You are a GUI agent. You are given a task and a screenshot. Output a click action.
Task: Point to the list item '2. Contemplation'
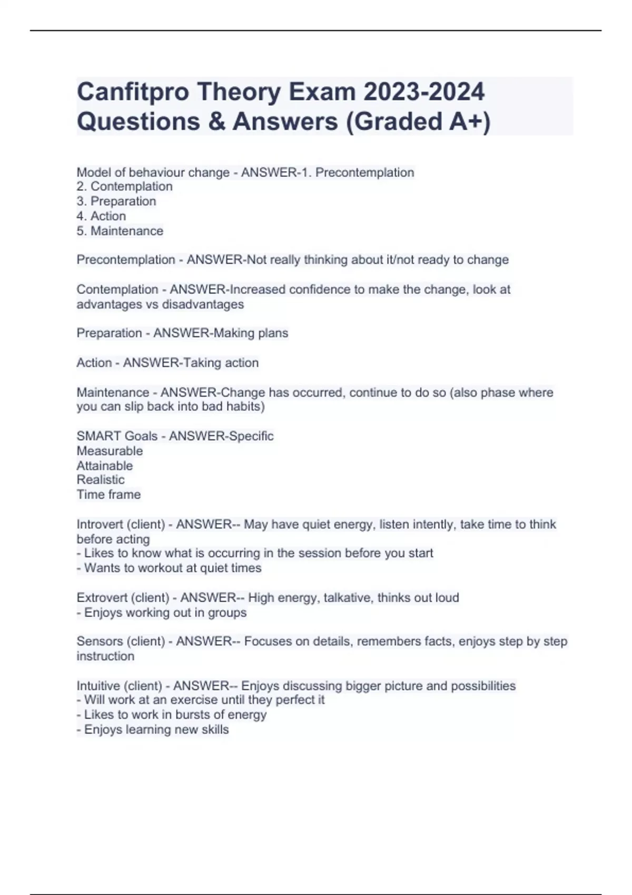[124, 186]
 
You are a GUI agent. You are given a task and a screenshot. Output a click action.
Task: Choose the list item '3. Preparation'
[116, 201]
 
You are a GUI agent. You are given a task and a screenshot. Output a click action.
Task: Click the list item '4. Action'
[101, 216]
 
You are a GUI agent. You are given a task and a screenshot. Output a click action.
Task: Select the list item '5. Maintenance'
[120, 231]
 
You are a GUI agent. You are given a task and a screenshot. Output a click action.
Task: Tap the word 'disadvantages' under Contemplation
[203, 304]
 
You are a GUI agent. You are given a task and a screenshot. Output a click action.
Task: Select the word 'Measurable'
[110, 451]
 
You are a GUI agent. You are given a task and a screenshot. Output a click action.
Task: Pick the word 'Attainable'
[105, 465]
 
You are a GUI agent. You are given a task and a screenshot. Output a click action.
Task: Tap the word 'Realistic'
[101, 480]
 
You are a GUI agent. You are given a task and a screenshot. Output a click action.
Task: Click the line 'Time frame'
[108, 494]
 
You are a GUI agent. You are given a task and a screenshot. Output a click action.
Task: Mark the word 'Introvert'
[100, 524]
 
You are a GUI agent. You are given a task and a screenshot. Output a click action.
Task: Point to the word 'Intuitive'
[98, 685]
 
